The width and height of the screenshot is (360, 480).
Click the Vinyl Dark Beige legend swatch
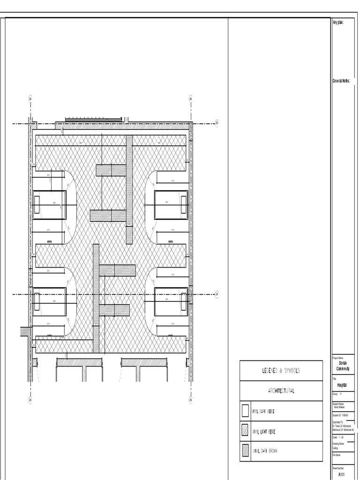point(245,411)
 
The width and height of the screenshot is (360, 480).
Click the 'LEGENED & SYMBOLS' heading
point(281,371)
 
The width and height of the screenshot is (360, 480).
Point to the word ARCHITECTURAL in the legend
point(281,391)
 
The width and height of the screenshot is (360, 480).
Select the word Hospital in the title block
point(342,384)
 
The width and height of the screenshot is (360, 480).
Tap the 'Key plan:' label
point(338,22)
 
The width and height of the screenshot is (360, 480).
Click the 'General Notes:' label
point(341,81)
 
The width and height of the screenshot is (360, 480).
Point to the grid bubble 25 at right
point(217,123)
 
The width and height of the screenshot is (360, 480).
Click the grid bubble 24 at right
point(217,294)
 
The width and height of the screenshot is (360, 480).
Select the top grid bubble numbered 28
point(30,99)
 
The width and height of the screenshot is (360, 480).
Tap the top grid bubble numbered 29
point(190,99)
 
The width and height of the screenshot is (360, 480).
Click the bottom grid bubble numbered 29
point(190,400)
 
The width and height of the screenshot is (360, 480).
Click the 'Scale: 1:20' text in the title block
point(338,437)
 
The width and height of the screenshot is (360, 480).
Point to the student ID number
point(341,415)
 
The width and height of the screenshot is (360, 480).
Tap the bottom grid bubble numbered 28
point(30,400)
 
